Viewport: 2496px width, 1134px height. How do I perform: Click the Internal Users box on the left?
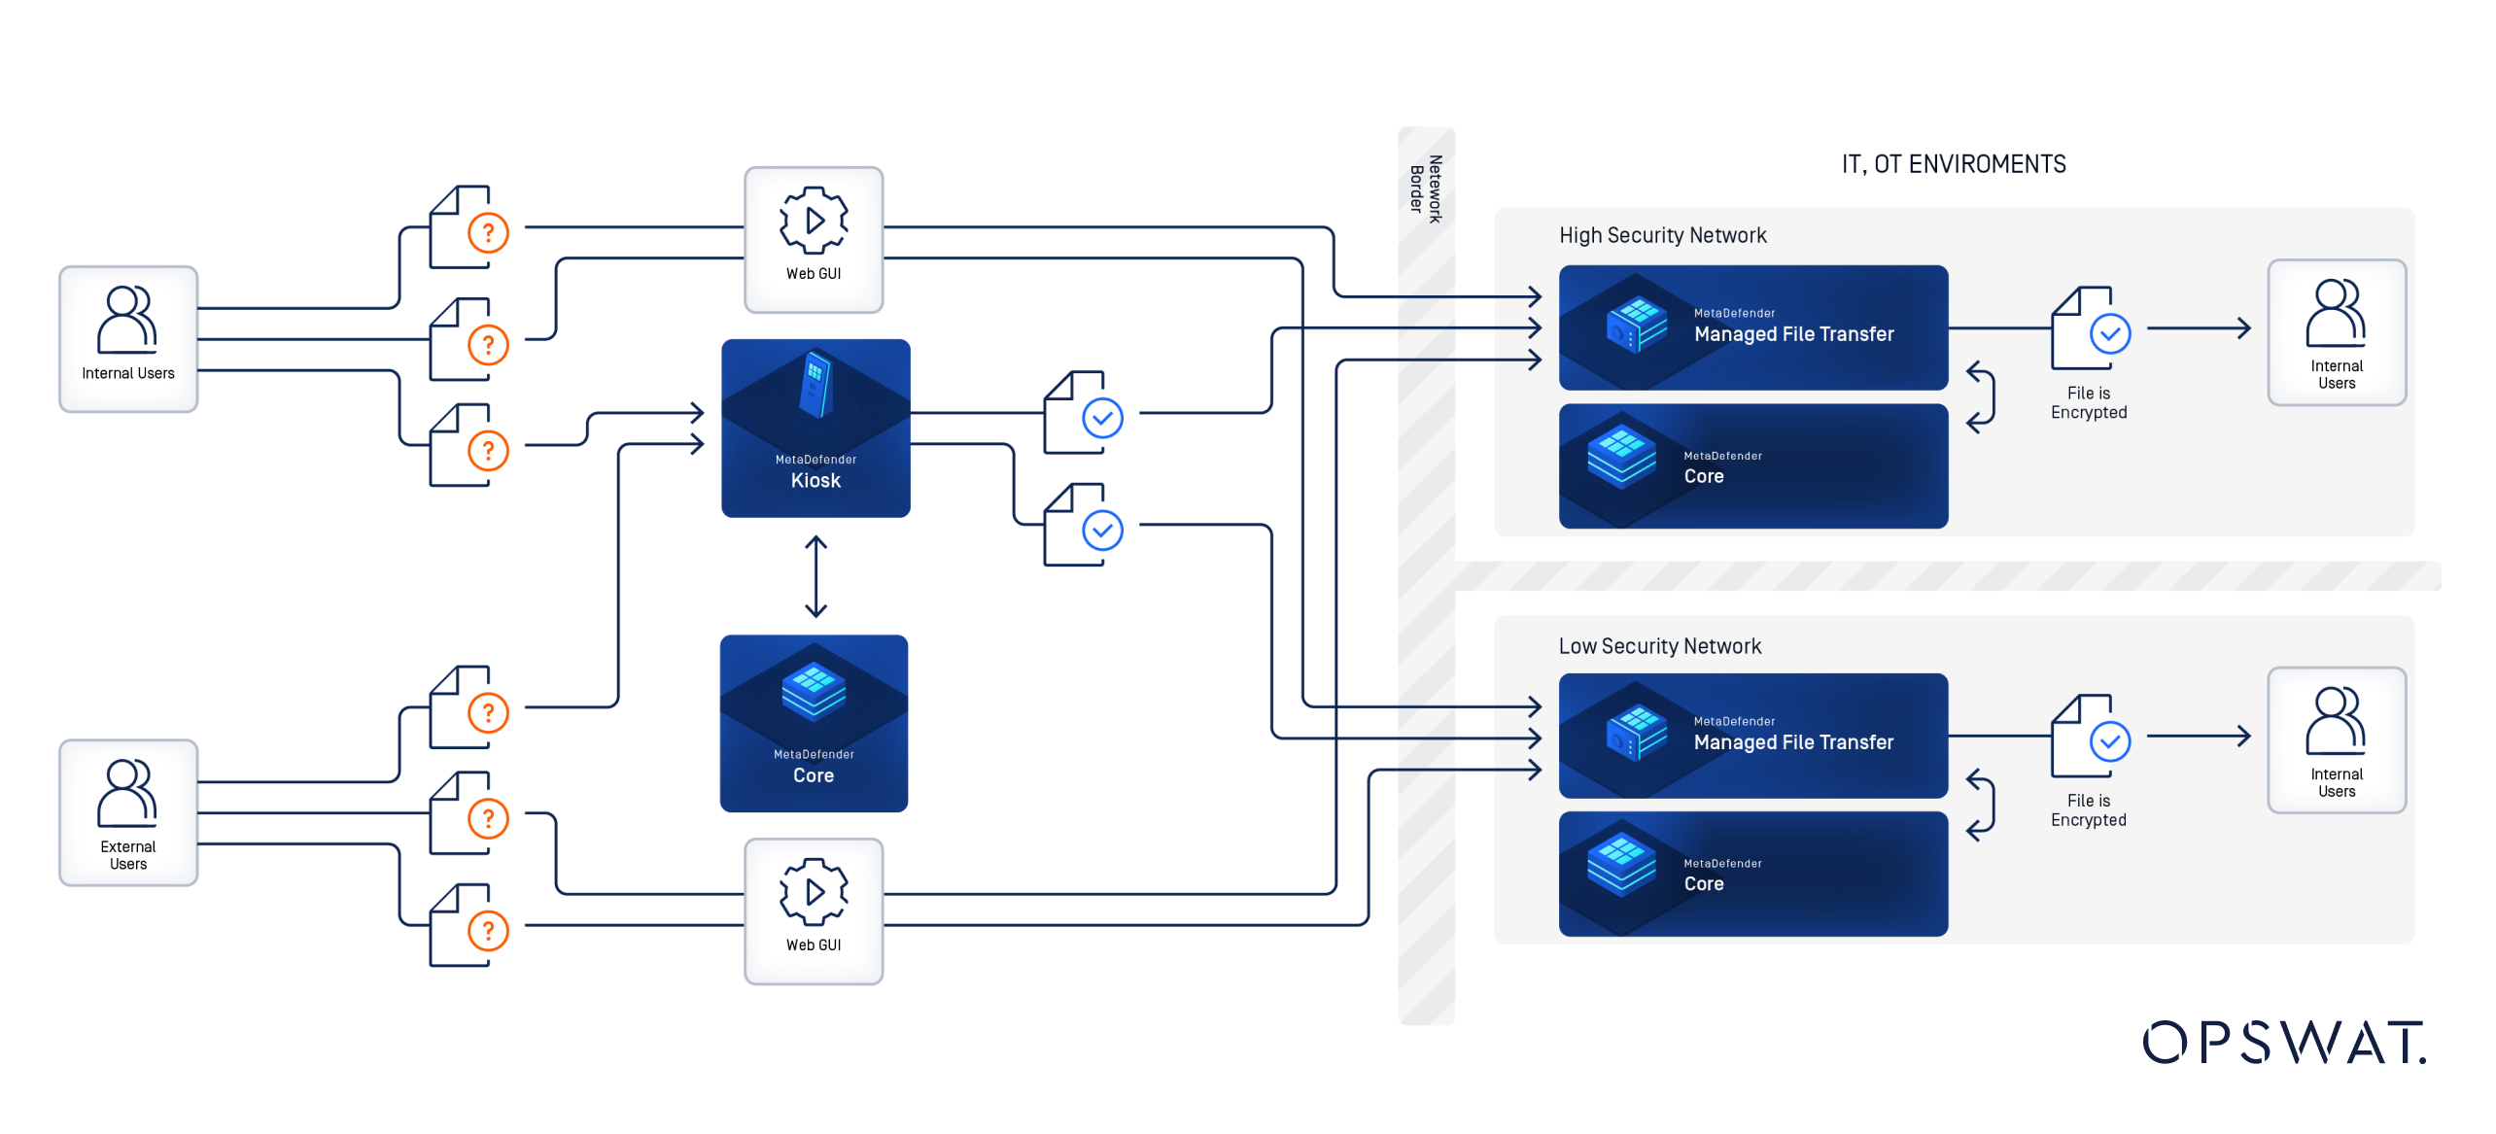tap(128, 339)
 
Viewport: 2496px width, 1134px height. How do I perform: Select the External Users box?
tap(128, 812)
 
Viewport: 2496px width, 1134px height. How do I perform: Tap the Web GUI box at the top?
tap(814, 240)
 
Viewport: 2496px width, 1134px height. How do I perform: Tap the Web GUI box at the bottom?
tap(814, 911)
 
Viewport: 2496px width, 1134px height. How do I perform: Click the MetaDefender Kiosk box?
tap(815, 428)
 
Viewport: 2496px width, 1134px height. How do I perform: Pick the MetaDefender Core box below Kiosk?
tap(814, 723)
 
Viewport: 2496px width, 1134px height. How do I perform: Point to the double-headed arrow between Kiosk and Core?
tap(815, 576)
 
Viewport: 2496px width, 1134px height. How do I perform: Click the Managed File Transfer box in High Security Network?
tap(1752, 327)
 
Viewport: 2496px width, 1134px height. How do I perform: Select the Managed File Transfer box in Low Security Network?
tap(1752, 736)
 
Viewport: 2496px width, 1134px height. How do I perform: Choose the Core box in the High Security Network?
tap(1752, 466)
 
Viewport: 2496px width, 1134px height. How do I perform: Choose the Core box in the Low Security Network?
tap(1752, 874)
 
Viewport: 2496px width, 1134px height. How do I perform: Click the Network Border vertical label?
tap(1426, 189)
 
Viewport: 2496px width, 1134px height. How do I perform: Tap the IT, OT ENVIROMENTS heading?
tap(1953, 164)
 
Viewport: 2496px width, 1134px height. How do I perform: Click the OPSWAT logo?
tap(2284, 1043)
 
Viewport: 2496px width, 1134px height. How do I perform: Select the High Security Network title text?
tap(1662, 235)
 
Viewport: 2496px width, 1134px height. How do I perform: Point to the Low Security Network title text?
tap(1659, 646)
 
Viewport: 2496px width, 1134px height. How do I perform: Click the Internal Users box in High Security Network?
tap(2336, 332)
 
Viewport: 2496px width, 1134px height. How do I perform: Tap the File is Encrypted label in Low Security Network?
tap(2088, 810)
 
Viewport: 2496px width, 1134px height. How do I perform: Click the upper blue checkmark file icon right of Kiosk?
tap(1083, 414)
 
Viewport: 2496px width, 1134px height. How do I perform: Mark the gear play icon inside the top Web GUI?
tap(814, 221)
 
